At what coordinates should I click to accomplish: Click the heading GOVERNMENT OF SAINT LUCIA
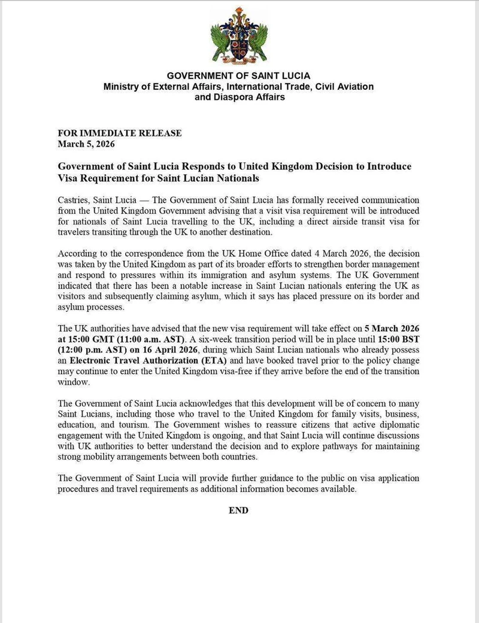[x=238, y=76]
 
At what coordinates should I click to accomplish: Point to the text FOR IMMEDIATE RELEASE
[x=119, y=133]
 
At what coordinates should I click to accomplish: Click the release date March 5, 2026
[x=86, y=144]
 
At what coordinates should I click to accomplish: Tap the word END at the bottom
[x=238, y=510]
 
